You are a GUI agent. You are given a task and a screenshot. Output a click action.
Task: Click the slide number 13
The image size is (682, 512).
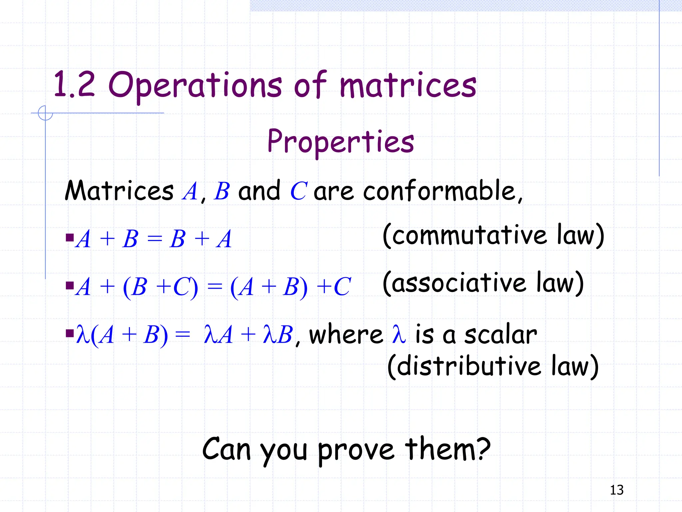[616, 490]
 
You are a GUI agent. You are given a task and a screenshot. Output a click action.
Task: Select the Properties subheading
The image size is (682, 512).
[341, 141]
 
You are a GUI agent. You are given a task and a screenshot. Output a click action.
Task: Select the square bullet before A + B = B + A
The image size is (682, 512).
[70, 238]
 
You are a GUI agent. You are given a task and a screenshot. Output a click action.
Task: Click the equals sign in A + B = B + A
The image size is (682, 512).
[155, 239]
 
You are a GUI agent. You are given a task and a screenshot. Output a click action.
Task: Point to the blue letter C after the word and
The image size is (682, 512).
[298, 191]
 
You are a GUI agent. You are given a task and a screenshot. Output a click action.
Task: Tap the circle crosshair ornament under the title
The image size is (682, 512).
[45, 113]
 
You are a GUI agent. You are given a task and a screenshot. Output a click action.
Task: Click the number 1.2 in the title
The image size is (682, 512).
[74, 85]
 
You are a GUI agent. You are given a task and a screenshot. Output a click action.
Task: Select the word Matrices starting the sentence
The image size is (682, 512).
[119, 191]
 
